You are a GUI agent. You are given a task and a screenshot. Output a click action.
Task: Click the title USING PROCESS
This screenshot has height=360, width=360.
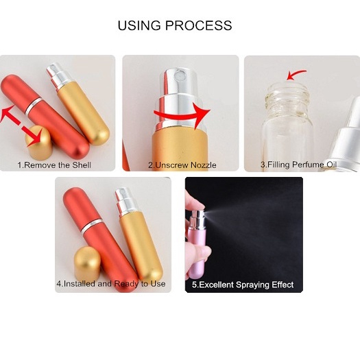pyautogui.click(x=175, y=26)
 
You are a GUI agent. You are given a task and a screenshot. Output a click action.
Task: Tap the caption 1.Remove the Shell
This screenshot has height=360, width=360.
pyautogui.click(x=54, y=165)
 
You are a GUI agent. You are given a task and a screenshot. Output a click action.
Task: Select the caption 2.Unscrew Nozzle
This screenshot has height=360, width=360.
pyautogui.click(x=180, y=165)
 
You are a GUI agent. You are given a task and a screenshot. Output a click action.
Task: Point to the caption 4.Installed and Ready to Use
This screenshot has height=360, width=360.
pyautogui.click(x=110, y=284)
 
